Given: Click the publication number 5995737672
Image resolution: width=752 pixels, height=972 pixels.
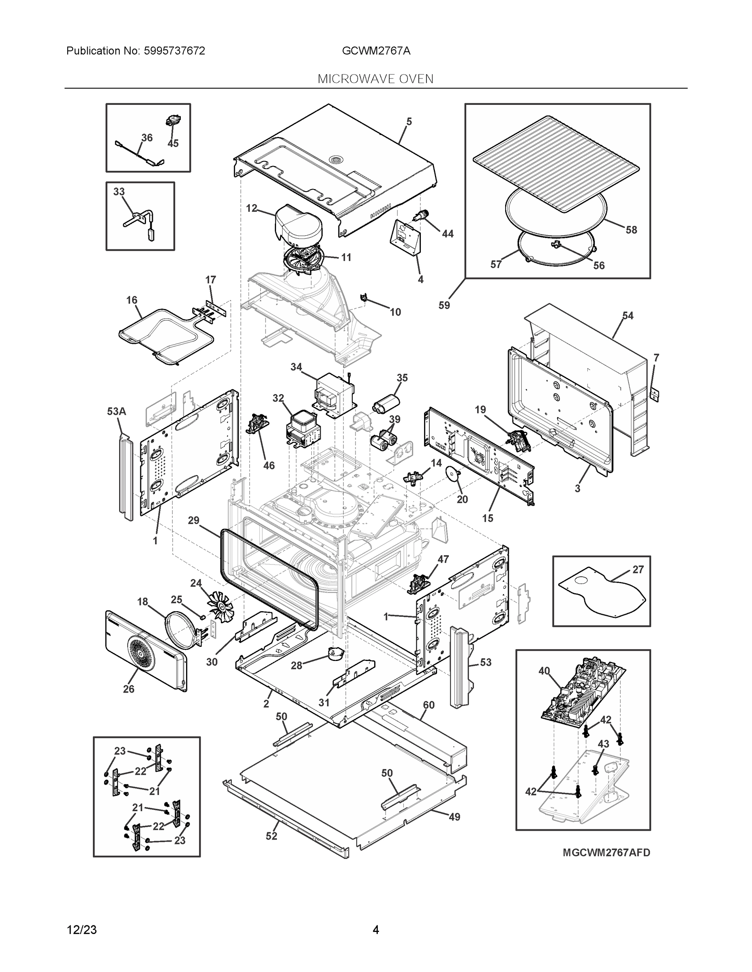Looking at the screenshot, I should point(174,51).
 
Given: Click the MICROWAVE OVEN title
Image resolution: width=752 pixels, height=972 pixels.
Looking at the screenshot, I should point(375,79).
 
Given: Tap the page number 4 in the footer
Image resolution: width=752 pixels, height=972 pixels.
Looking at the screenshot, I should point(375,930).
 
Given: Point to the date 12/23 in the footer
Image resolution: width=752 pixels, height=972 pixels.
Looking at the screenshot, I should point(81,930).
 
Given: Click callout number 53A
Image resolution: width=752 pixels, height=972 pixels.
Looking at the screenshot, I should point(116,411).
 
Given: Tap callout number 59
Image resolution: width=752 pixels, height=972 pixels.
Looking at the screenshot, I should point(444,305).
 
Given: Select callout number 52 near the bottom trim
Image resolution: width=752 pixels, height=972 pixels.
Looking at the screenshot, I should point(271,836).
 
